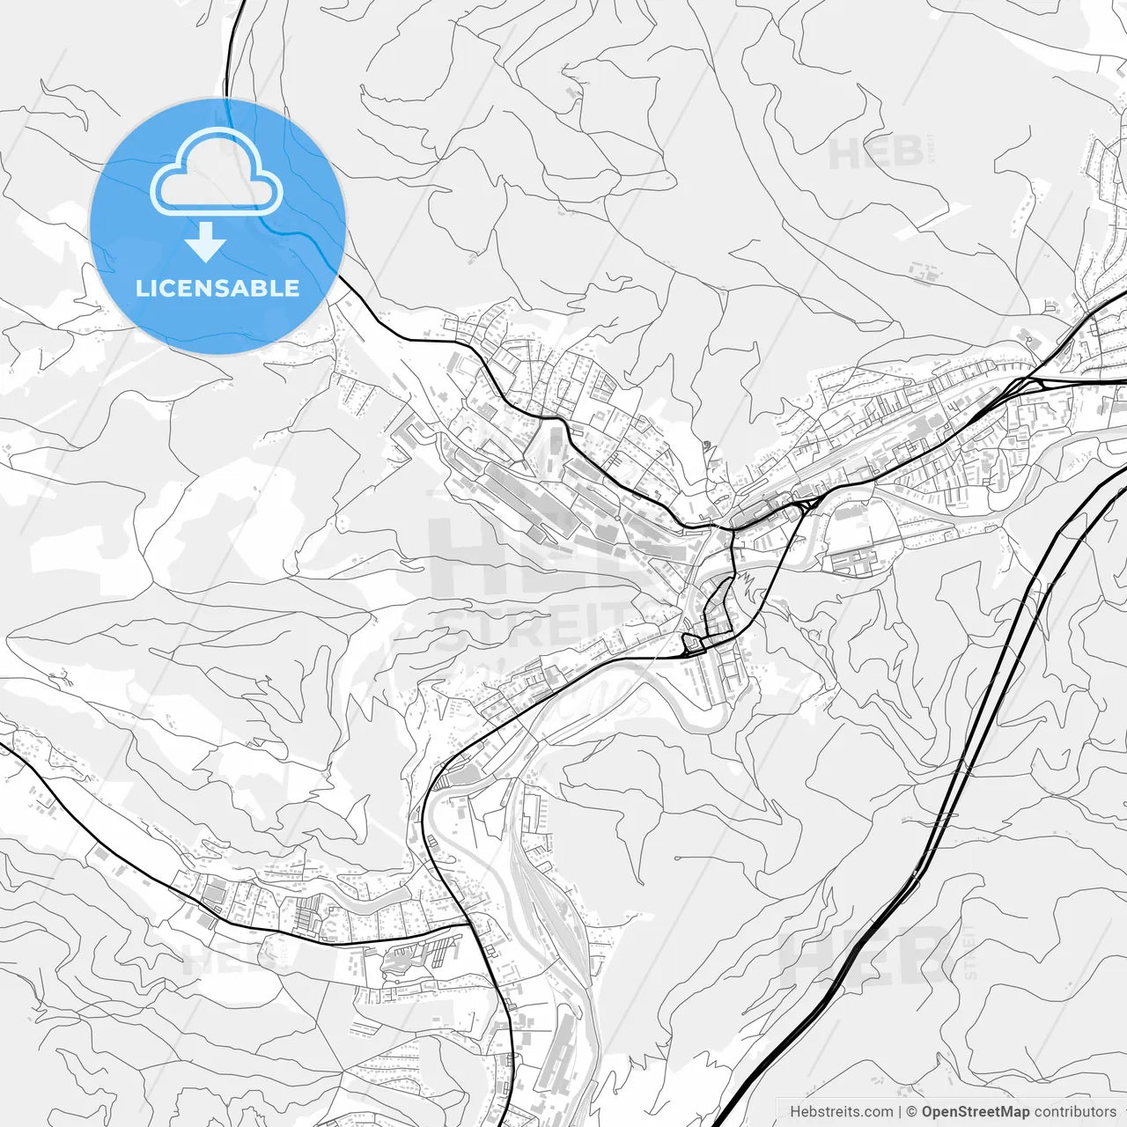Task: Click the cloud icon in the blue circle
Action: click(217, 173)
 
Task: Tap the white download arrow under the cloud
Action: click(206, 242)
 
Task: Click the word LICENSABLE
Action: click(217, 288)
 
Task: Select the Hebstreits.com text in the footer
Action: click(841, 1111)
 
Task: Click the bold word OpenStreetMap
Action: click(976, 1111)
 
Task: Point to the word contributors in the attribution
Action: click(1074, 1111)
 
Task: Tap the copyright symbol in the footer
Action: click(912, 1111)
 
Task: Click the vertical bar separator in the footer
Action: click(900, 1111)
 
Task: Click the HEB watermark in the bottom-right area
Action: click(867, 958)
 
